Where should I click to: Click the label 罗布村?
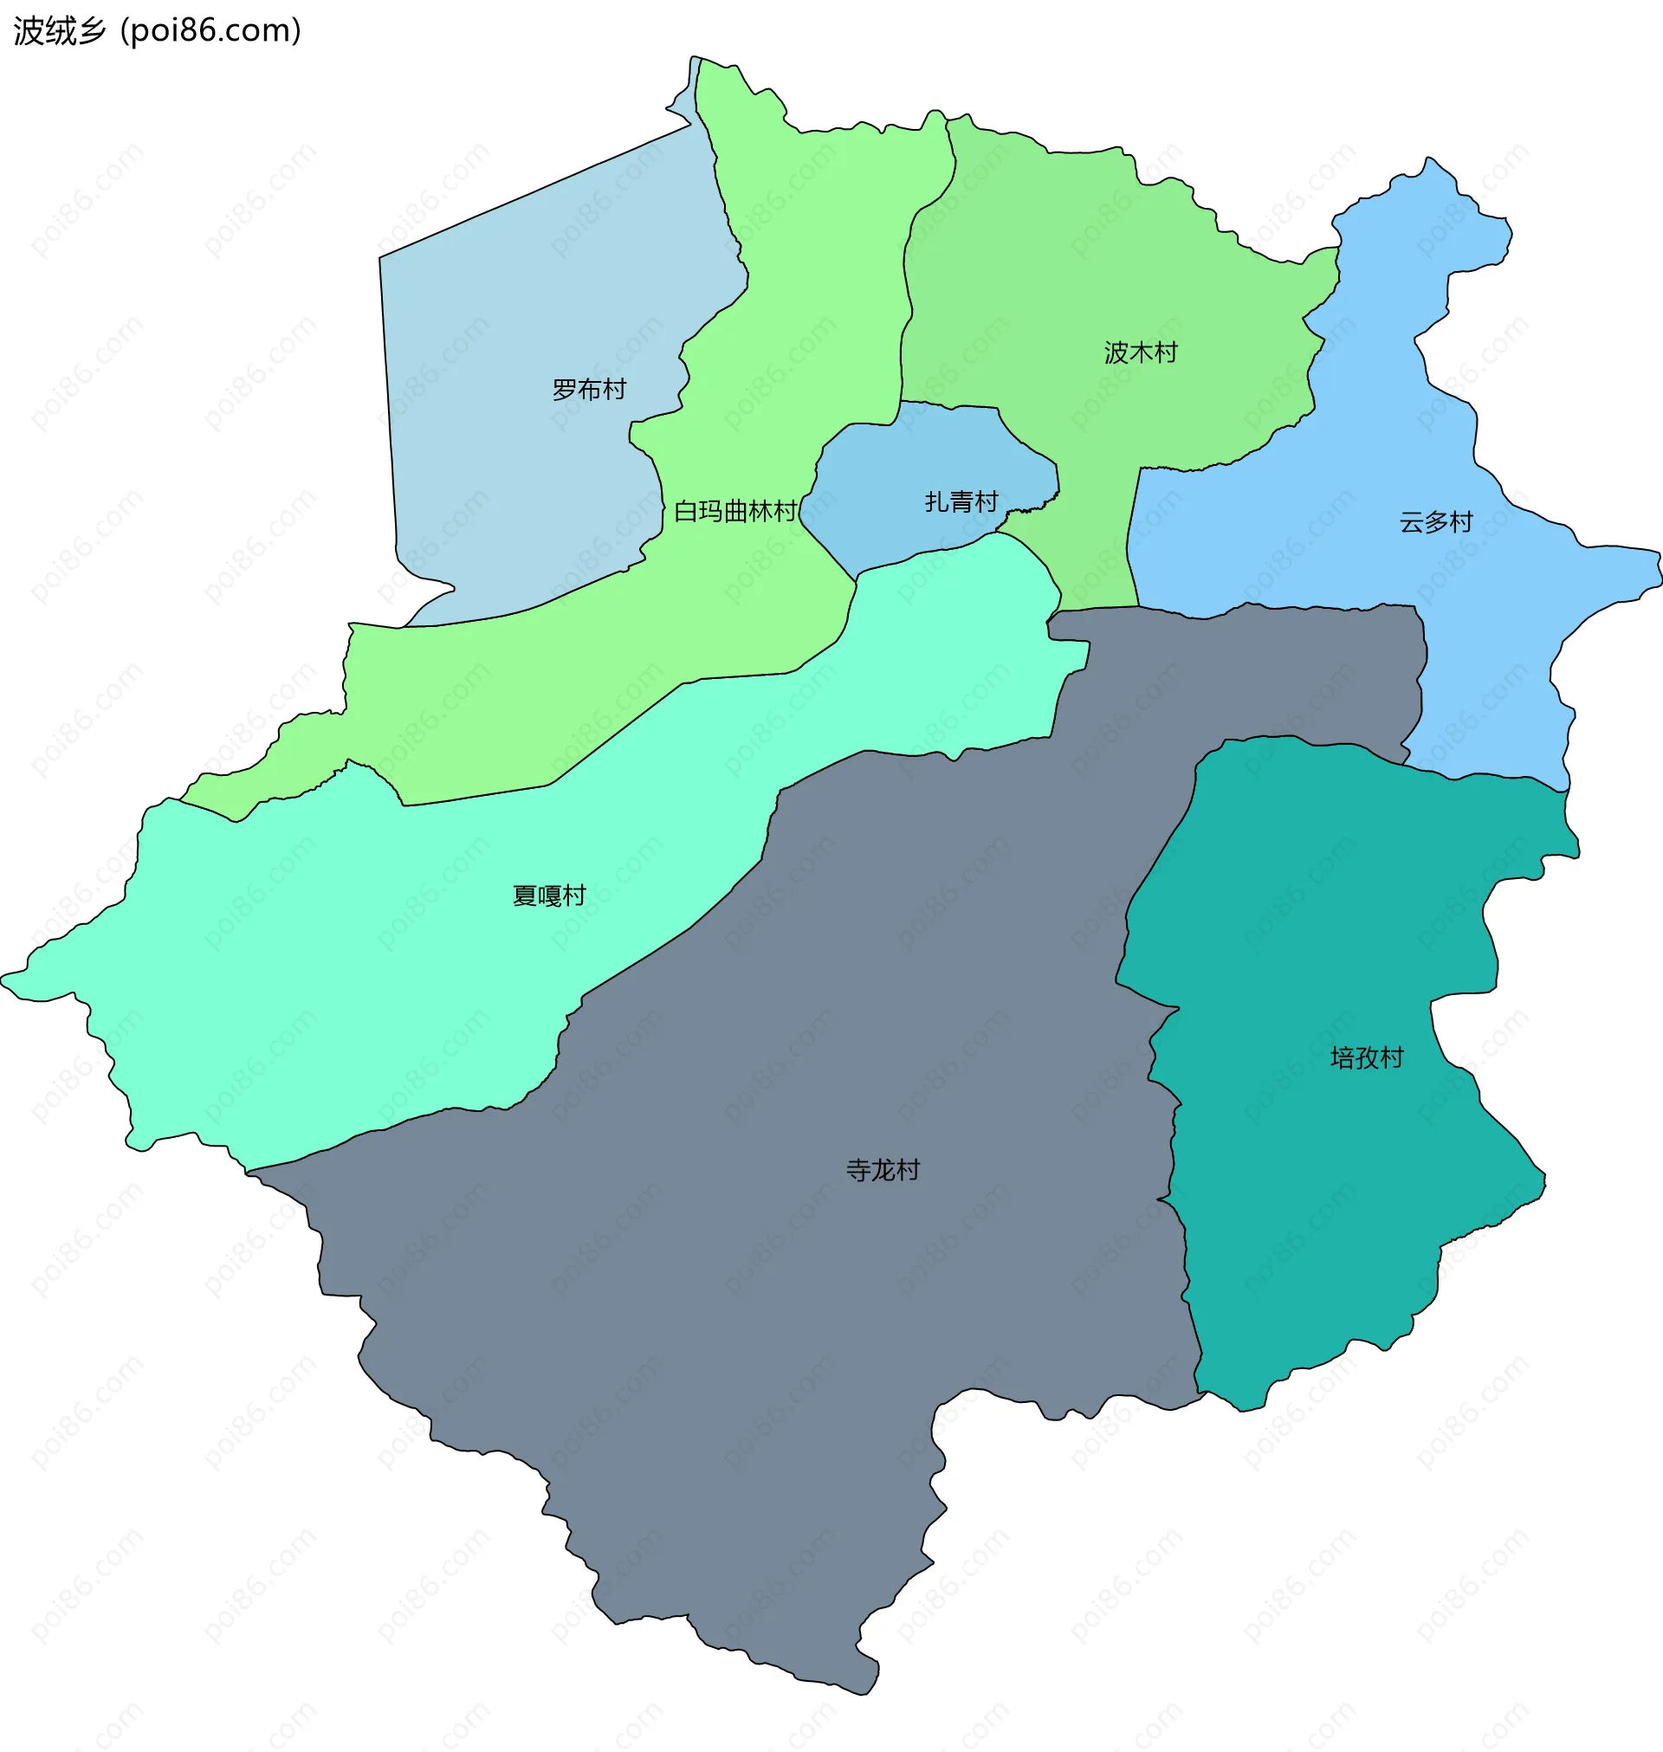589,389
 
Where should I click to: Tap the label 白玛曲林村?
734,511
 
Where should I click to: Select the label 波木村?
1141,352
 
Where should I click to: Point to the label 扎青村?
961,502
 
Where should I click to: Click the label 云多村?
1436,522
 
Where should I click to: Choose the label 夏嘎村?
549,896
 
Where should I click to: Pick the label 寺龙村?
883,1171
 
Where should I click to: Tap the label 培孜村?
1367,1058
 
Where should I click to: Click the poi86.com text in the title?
211,31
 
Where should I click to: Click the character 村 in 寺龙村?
908,1171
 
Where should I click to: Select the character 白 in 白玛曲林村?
685,511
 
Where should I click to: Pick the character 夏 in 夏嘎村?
524,896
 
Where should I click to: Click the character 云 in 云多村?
1411,522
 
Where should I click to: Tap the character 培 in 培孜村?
1343,1058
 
